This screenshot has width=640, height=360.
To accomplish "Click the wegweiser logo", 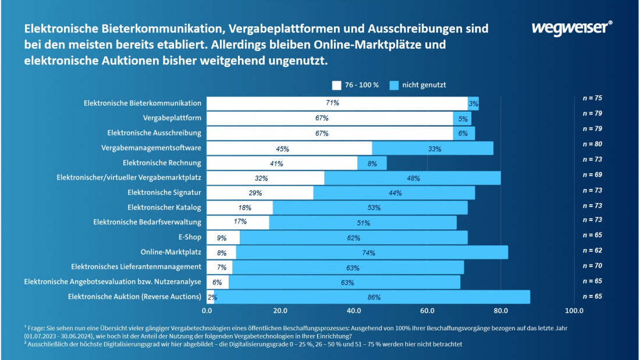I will (x=572, y=27).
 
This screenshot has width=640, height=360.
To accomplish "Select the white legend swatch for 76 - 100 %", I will (x=337, y=85).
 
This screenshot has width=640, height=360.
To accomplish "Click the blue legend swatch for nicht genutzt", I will (x=394, y=85).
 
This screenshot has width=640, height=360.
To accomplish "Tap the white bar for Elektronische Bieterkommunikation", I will (x=337, y=104).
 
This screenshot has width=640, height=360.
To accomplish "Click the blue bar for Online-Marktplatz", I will (x=372, y=252).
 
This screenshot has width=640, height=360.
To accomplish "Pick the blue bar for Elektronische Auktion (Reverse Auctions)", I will (x=372, y=297).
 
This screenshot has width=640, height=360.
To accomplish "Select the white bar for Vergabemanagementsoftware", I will (x=289, y=148).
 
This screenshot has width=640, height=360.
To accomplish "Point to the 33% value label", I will (x=433, y=149).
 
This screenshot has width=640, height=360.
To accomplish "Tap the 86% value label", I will (x=374, y=298).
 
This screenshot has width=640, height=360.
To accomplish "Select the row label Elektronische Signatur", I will (x=165, y=192).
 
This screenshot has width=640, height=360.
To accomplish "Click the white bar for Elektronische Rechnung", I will (x=282, y=163).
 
